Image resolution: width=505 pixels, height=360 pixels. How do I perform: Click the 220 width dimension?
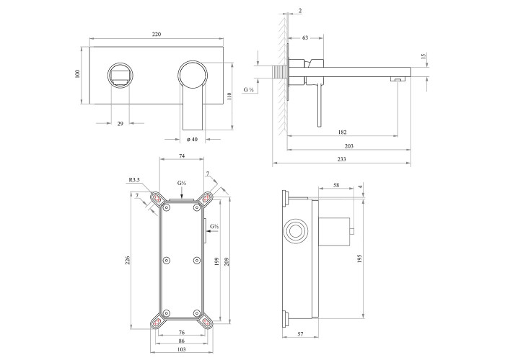157,34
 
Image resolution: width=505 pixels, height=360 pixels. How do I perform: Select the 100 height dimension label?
76,73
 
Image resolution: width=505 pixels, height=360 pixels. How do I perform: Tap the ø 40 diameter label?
193,139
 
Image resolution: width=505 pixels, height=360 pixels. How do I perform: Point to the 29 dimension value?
120,123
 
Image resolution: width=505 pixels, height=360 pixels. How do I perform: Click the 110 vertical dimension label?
229,96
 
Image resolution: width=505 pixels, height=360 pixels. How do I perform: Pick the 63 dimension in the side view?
305,37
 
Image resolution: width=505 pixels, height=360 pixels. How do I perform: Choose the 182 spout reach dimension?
343,132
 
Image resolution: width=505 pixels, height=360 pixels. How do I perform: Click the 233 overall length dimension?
342,159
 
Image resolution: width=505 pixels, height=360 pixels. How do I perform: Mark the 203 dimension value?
348,146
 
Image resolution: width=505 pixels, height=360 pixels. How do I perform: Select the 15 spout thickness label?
423,56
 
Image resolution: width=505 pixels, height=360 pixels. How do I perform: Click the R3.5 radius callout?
134,180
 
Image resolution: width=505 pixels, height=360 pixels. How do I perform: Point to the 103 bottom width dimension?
182,349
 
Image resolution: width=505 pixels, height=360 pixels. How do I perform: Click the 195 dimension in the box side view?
360,258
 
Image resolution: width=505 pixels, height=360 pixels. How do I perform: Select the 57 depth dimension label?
300,334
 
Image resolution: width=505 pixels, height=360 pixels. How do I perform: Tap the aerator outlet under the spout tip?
398,79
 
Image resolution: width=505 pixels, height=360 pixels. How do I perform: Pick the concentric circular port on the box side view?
296,231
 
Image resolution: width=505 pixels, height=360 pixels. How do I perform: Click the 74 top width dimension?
182,156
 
